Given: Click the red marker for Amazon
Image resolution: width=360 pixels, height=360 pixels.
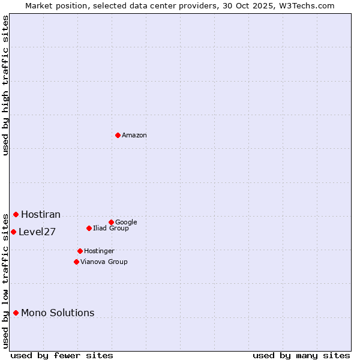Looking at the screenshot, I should (x=118, y=135).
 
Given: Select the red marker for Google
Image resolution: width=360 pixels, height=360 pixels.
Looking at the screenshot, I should (x=111, y=222).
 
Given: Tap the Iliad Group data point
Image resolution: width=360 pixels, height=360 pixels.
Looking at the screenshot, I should (x=89, y=228).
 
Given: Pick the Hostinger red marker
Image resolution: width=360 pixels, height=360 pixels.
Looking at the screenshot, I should (x=80, y=251).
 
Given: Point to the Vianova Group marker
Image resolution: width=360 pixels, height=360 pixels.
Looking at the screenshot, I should (x=76, y=262).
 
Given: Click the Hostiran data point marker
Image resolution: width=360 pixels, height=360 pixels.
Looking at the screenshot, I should (x=16, y=214).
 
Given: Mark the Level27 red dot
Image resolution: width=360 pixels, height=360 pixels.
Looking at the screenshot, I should (x=13, y=232).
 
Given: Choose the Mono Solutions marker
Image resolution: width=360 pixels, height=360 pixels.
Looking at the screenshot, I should (x=16, y=313).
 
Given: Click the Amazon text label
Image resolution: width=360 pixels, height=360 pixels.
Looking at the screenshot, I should (x=134, y=136).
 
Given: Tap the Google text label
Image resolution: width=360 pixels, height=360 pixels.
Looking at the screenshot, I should (x=126, y=223).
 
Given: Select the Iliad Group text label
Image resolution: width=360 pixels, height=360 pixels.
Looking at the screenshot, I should (x=111, y=229).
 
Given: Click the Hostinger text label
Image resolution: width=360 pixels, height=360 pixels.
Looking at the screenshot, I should (x=99, y=251).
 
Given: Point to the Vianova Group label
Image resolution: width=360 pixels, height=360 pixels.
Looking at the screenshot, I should (x=104, y=262).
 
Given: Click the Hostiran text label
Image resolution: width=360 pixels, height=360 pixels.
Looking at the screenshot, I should (x=41, y=215).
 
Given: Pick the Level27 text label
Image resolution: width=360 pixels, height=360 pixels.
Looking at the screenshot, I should (x=37, y=232).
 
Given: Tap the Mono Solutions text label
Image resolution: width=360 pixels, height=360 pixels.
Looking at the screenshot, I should (x=58, y=313).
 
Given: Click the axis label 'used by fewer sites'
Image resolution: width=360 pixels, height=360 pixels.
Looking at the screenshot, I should (x=62, y=355).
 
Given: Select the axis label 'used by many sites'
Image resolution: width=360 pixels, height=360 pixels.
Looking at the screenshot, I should (x=301, y=355).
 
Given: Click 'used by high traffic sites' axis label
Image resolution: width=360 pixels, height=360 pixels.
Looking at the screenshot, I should (x=5, y=85).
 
